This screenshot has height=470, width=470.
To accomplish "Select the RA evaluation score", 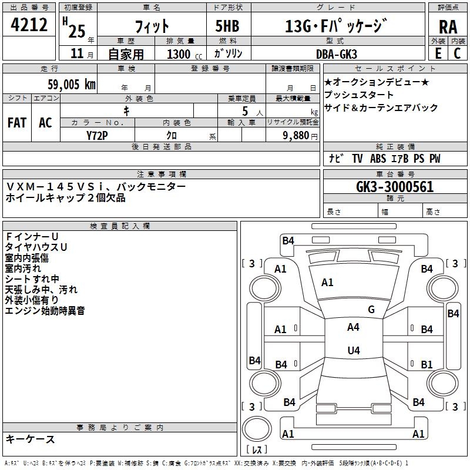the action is pyautogui.click(x=448, y=27).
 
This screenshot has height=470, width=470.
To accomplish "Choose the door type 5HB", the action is pyautogui.click(x=228, y=26).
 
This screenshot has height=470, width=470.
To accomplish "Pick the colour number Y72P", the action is pyautogui.click(x=97, y=135).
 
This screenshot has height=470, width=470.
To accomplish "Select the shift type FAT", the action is pyautogui.click(x=17, y=123).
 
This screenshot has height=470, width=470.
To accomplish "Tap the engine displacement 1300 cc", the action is pyautogui.click(x=182, y=54).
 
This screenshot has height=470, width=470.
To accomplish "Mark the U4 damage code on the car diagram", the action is pyautogui.click(x=353, y=351).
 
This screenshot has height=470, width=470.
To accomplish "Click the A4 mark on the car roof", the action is pyautogui.click(x=353, y=327).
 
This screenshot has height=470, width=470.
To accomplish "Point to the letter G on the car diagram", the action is pyautogui.click(x=371, y=310).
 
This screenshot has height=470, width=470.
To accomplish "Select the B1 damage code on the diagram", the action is pyautogui.click(x=427, y=364).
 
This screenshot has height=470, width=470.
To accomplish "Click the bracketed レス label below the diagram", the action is pyautogui.click(x=257, y=450).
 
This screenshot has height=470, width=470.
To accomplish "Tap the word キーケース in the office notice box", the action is pyautogui.click(x=30, y=439).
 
